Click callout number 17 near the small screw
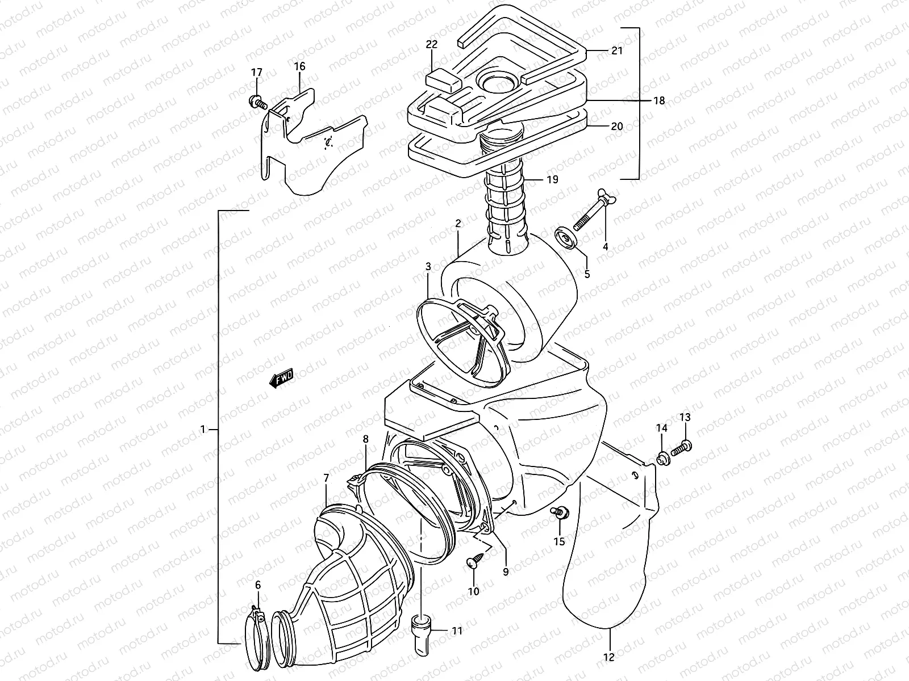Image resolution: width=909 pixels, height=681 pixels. pos(257,73)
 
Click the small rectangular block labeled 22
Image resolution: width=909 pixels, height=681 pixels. pos(443,78)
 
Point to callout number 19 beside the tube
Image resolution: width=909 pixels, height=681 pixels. pos(552,179)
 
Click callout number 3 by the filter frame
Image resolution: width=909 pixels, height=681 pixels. pos(428,266)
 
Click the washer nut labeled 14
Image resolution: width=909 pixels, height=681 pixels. pos(662,457)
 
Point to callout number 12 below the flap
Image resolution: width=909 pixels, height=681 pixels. pos(609,658)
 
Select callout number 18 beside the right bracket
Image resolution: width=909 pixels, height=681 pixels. pos(658,100)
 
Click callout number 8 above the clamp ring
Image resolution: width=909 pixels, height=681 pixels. pos(366,439)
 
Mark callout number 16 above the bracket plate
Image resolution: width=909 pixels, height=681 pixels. pos(299,66)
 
